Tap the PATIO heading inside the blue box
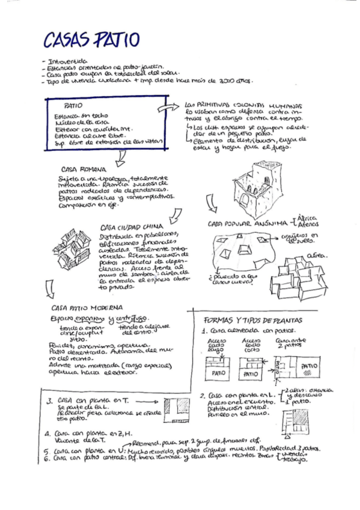tap(73, 105)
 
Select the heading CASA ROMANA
tap(84, 170)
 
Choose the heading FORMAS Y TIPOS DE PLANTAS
tap(253, 321)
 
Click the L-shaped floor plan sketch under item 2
tap(300, 420)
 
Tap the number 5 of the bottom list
tap(47, 449)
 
